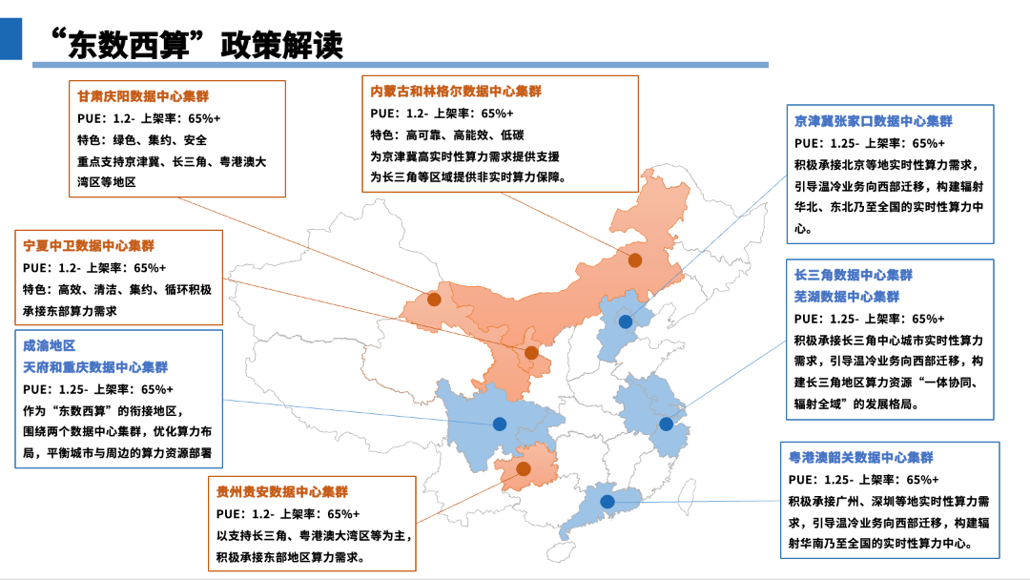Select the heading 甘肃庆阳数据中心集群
[143, 96]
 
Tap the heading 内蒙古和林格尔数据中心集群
[456, 92]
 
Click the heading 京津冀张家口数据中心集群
[873, 121]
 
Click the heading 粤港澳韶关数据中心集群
[860, 458]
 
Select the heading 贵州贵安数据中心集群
[281, 492]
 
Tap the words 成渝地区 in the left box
[49, 344]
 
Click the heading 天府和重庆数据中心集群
[95, 366]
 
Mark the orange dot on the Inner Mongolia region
[634, 259]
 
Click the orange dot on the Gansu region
[434, 299]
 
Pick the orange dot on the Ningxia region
[531, 353]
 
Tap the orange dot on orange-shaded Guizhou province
[523, 468]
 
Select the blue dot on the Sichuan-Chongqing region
[499, 424]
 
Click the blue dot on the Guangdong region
[607, 502]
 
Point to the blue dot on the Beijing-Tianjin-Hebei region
[625, 321]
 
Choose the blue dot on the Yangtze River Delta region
[666, 424]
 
